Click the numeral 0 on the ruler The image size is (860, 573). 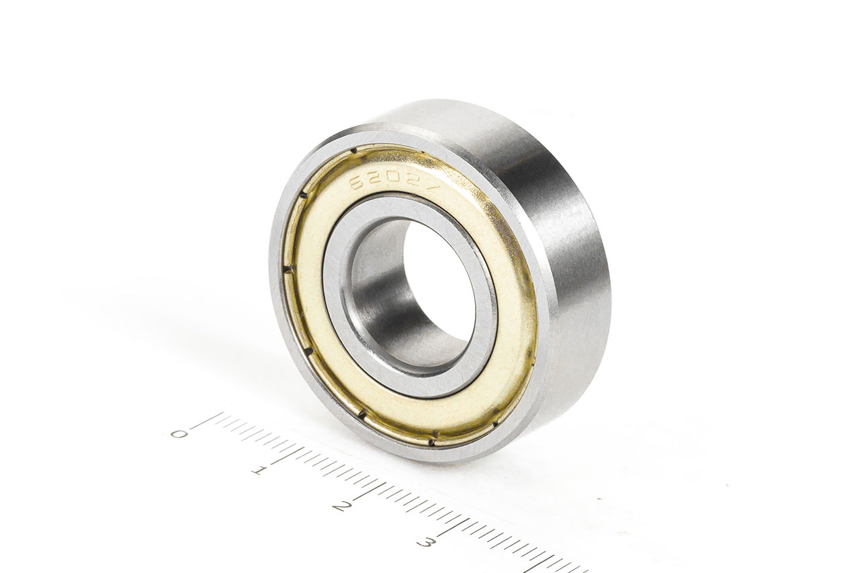tap(179, 433)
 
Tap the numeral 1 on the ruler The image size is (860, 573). tap(257, 470)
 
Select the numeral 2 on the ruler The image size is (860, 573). tap(340, 505)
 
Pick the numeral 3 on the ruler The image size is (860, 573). tap(424, 541)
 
